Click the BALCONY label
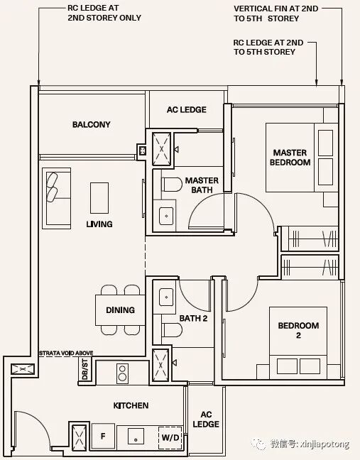92,124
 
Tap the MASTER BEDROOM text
290,158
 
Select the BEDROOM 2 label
298,330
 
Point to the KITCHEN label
131,405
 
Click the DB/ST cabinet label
84,370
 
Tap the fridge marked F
103,436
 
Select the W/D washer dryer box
170,437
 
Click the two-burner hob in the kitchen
122,373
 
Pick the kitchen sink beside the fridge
136,437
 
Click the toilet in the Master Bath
172,185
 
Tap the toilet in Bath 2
172,330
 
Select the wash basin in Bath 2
166,297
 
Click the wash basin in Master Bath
166,216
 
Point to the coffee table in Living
99,198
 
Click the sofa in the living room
56,198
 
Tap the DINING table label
120,310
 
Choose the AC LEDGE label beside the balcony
187,110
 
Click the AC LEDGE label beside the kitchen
206,420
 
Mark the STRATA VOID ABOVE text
66,353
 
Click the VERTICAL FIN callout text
276,13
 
